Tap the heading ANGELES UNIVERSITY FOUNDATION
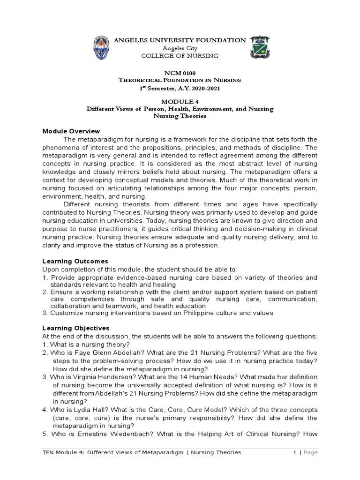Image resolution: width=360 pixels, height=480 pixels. (180, 40)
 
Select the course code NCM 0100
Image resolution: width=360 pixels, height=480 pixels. (180, 73)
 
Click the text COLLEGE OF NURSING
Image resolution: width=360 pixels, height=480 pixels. (180, 56)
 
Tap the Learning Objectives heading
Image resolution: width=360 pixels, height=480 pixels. (76, 328)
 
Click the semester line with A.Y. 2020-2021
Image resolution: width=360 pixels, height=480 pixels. (180, 88)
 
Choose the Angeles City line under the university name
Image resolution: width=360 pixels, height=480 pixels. (180, 48)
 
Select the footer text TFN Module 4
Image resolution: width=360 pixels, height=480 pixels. (66, 452)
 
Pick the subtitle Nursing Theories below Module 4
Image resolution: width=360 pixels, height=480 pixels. (180, 116)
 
